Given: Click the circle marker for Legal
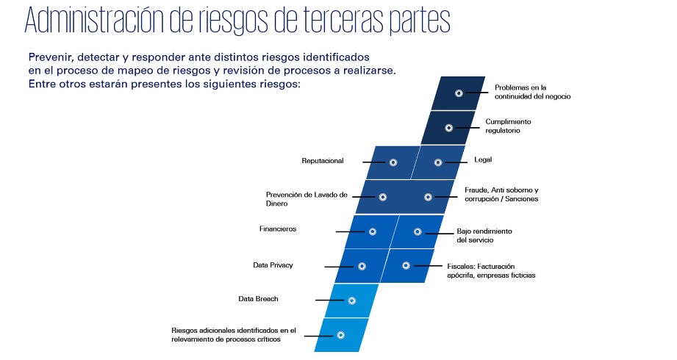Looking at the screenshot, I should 439,162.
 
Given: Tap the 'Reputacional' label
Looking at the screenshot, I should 323,160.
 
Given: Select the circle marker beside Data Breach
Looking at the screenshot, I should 351,300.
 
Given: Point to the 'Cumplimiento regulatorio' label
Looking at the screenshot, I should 507,126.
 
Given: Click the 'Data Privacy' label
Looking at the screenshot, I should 273,265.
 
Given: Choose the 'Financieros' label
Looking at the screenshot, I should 278,229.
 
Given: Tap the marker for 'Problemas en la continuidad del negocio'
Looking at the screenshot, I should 459,93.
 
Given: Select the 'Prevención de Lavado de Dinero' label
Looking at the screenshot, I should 307,198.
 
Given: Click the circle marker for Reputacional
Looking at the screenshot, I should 393,162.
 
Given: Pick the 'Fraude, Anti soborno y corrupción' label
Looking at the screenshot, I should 501,195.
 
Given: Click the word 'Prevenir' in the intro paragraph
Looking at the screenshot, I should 51,57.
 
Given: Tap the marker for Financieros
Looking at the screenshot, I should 372,231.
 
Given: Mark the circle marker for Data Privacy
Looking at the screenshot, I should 362,266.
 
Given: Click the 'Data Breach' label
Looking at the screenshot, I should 258,299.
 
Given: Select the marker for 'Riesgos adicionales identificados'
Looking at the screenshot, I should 340,335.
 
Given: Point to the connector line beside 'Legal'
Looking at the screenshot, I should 456,162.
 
